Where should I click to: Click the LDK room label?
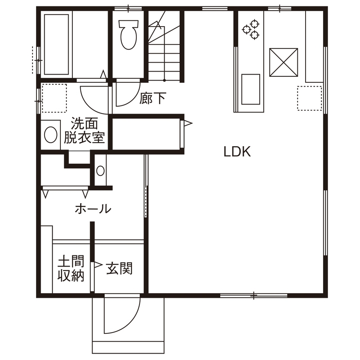point(237,152)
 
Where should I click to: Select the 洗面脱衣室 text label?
point(84,131)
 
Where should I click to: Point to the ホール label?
point(93,209)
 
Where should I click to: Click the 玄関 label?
point(120,269)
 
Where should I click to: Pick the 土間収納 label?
point(71,269)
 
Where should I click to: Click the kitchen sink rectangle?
point(251,89)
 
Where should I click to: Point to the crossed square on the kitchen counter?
point(283,62)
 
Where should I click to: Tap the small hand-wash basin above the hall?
point(100,171)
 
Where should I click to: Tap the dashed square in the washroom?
point(54,98)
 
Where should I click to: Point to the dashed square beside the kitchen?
point(309,98)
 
